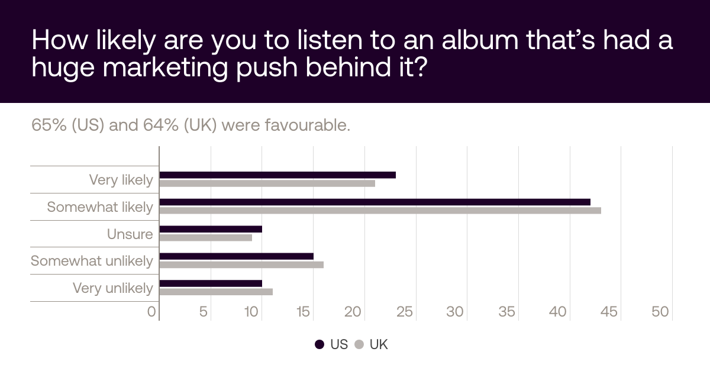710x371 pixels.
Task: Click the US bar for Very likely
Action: coord(277,175)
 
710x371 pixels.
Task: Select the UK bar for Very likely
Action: coord(267,183)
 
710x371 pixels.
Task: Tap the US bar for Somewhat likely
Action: coord(375,202)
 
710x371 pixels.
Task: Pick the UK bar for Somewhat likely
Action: coord(380,211)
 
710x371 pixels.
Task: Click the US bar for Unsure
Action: coord(211,229)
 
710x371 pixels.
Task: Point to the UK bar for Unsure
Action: coord(206,237)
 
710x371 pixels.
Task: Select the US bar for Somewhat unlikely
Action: coord(237,256)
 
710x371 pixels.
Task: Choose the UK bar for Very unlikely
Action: coord(216,292)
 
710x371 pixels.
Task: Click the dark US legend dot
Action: coord(319,344)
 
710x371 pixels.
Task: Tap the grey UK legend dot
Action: coord(359,344)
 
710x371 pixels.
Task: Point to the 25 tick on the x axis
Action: coord(405,312)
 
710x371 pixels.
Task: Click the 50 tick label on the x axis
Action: coord(660,312)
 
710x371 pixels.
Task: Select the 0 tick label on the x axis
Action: coord(151,312)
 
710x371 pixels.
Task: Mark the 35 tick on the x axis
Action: coord(506,312)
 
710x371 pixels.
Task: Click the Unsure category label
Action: coord(130,234)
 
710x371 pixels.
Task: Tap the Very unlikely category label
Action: coord(113,288)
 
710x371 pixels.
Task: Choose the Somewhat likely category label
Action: coord(100,207)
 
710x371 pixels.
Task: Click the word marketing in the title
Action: coord(165,67)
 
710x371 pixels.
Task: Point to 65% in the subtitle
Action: coord(49,125)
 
